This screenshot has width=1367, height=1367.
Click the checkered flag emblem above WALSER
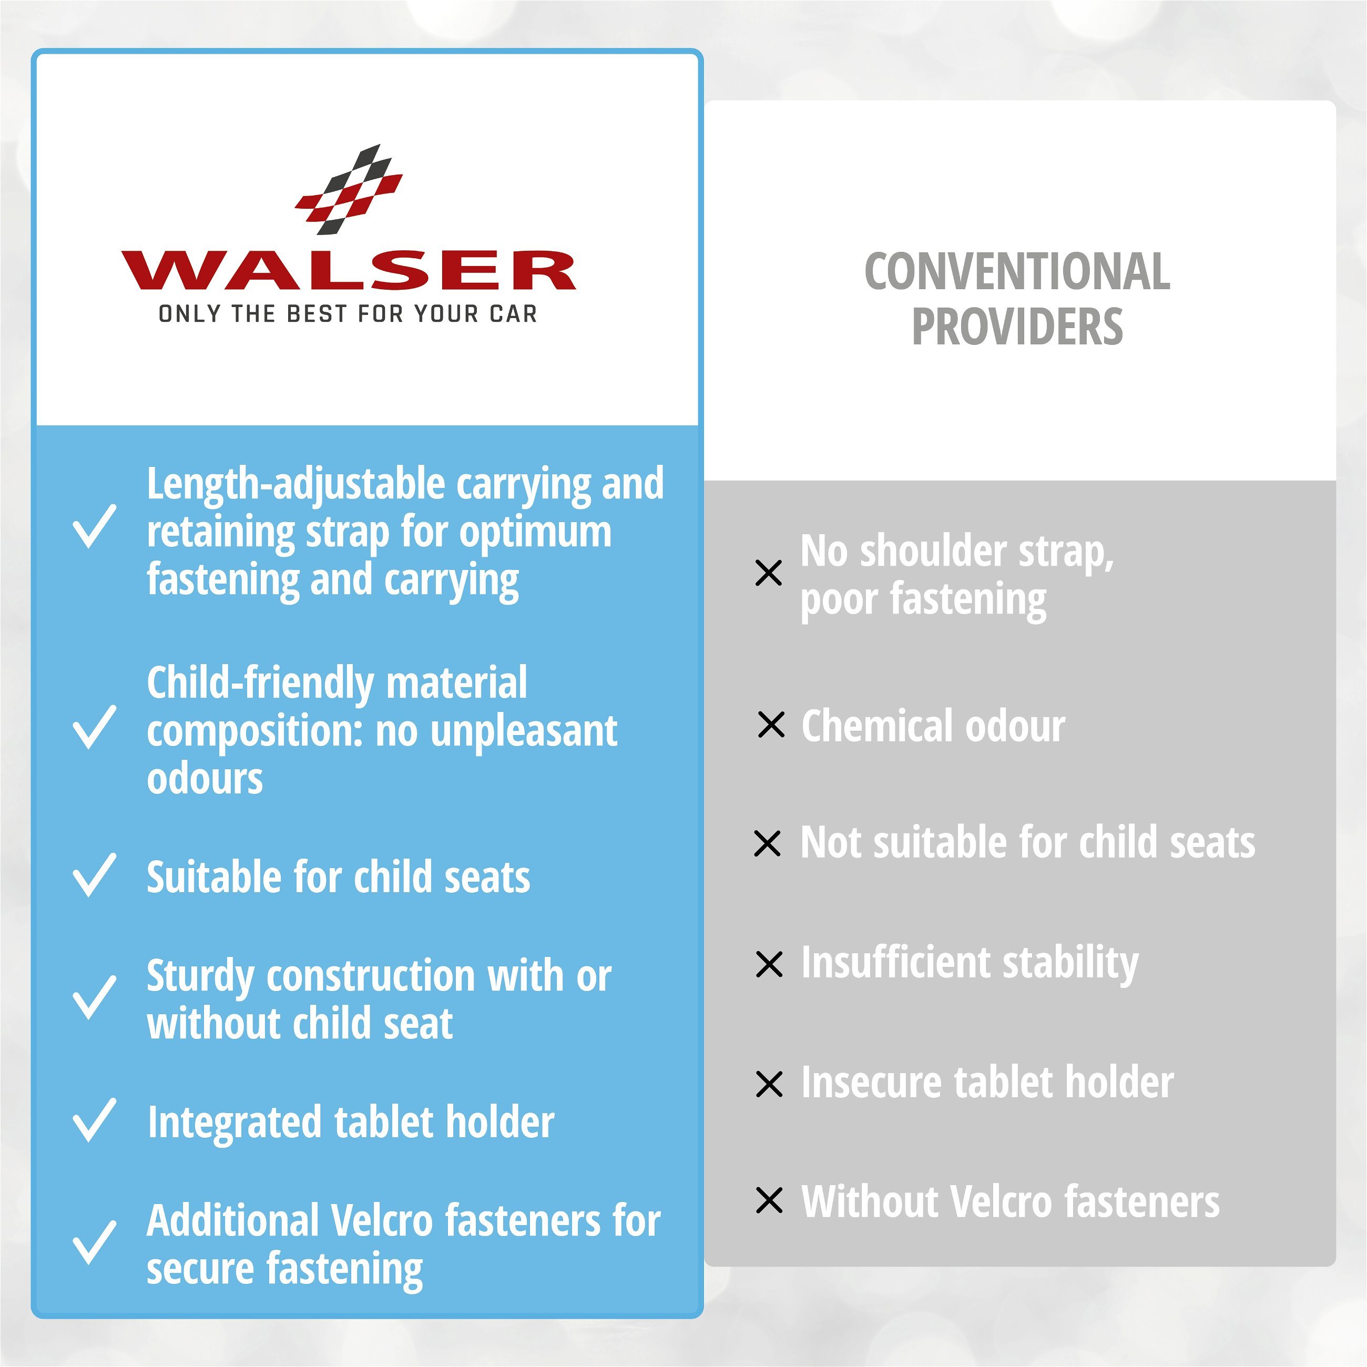349,190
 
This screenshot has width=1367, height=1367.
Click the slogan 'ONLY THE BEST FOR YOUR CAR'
348,313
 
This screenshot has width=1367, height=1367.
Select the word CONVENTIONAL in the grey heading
1017,272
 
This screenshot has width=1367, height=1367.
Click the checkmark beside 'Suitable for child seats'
94,875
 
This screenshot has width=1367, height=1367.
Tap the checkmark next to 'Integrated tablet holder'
94,1120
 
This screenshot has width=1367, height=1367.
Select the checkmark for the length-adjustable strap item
94,526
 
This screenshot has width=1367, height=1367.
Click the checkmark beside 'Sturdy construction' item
94,998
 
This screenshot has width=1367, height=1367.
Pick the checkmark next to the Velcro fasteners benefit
94,1242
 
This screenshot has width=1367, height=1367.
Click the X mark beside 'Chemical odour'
771,725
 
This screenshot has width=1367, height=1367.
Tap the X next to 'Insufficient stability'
769,964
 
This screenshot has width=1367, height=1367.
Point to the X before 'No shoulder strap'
768,573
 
